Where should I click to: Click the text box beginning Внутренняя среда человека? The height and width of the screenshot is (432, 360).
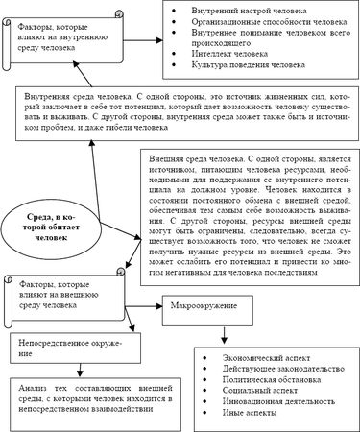click(x=182, y=111)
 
